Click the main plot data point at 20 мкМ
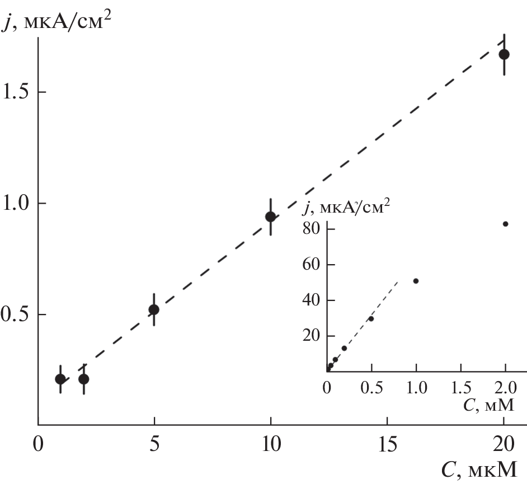click(504, 54)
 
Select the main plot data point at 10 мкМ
click(271, 217)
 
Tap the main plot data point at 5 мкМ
click(154, 309)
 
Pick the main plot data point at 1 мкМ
click(60, 379)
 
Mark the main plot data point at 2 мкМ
click(84, 379)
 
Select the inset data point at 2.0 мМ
click(506, 224)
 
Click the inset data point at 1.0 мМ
click(416, 281)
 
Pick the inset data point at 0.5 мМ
click(371, 318)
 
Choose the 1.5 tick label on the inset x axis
click(460, 387)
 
